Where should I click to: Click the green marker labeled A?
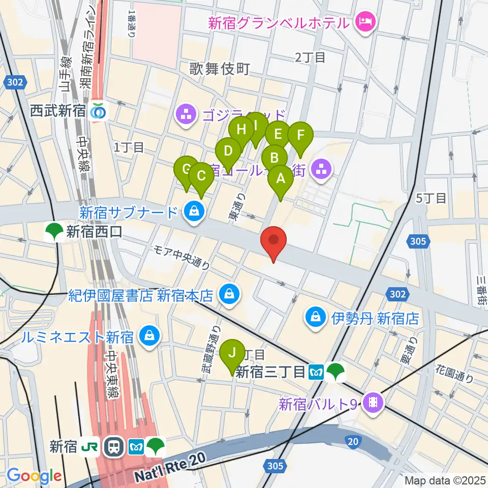pos(280,179)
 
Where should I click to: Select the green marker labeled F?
pos(300,136)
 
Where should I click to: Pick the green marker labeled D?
pos(228,151)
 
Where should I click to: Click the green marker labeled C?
pos(201,176)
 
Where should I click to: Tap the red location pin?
pos(273,240)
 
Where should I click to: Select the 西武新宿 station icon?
pos(98,111)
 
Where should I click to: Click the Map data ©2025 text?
pos(445,480)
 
